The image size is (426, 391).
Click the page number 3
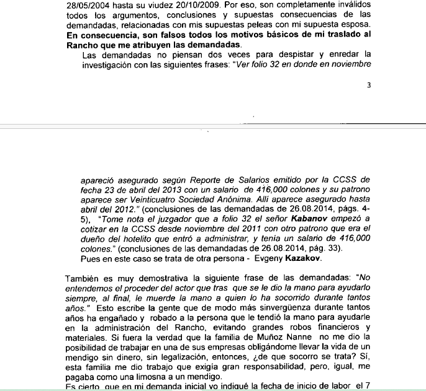tap(368, 86)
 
